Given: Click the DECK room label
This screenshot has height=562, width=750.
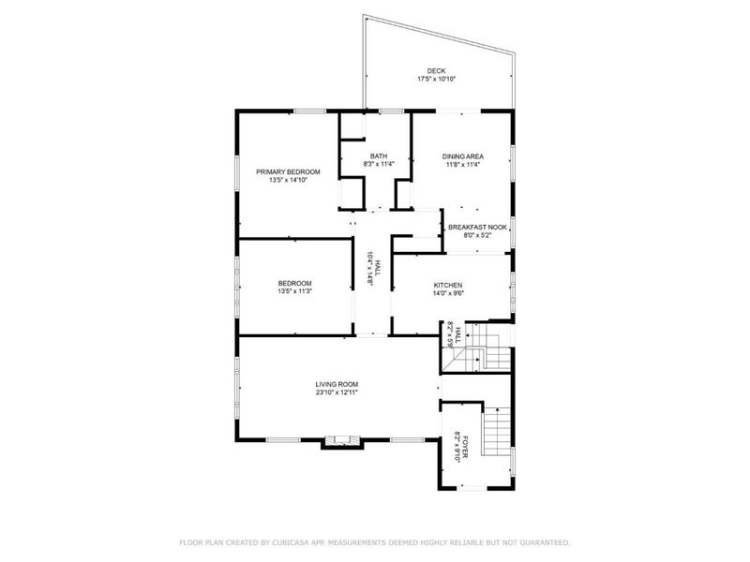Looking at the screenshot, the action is click(436, 71).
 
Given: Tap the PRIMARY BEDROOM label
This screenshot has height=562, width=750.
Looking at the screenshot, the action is click(288, 172).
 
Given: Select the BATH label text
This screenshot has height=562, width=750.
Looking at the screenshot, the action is click(379, 156).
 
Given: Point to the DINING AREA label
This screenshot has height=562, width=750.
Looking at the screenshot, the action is click(462, 156).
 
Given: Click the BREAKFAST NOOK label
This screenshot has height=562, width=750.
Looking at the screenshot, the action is click(477, 228).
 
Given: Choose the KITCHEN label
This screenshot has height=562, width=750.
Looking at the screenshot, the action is click(448, 286).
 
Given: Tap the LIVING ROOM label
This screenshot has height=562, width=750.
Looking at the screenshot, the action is click(337, 384).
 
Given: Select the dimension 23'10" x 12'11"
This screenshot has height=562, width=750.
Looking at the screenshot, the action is click(337, 392).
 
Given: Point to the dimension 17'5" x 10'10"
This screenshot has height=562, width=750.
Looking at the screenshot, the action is click(436, 79).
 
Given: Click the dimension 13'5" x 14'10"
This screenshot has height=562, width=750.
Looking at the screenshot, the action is click(288, 180).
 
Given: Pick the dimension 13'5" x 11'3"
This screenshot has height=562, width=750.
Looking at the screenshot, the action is click(294, 291).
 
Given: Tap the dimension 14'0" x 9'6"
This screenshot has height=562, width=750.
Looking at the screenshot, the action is click(448, 293).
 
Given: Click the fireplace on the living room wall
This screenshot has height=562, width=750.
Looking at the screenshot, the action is click(341, 441).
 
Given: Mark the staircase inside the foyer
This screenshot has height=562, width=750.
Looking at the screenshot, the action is click(497, 431).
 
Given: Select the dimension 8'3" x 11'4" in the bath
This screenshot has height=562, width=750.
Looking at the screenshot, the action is click(379, 164).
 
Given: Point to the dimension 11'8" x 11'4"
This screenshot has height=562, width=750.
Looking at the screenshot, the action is click(462, 164).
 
